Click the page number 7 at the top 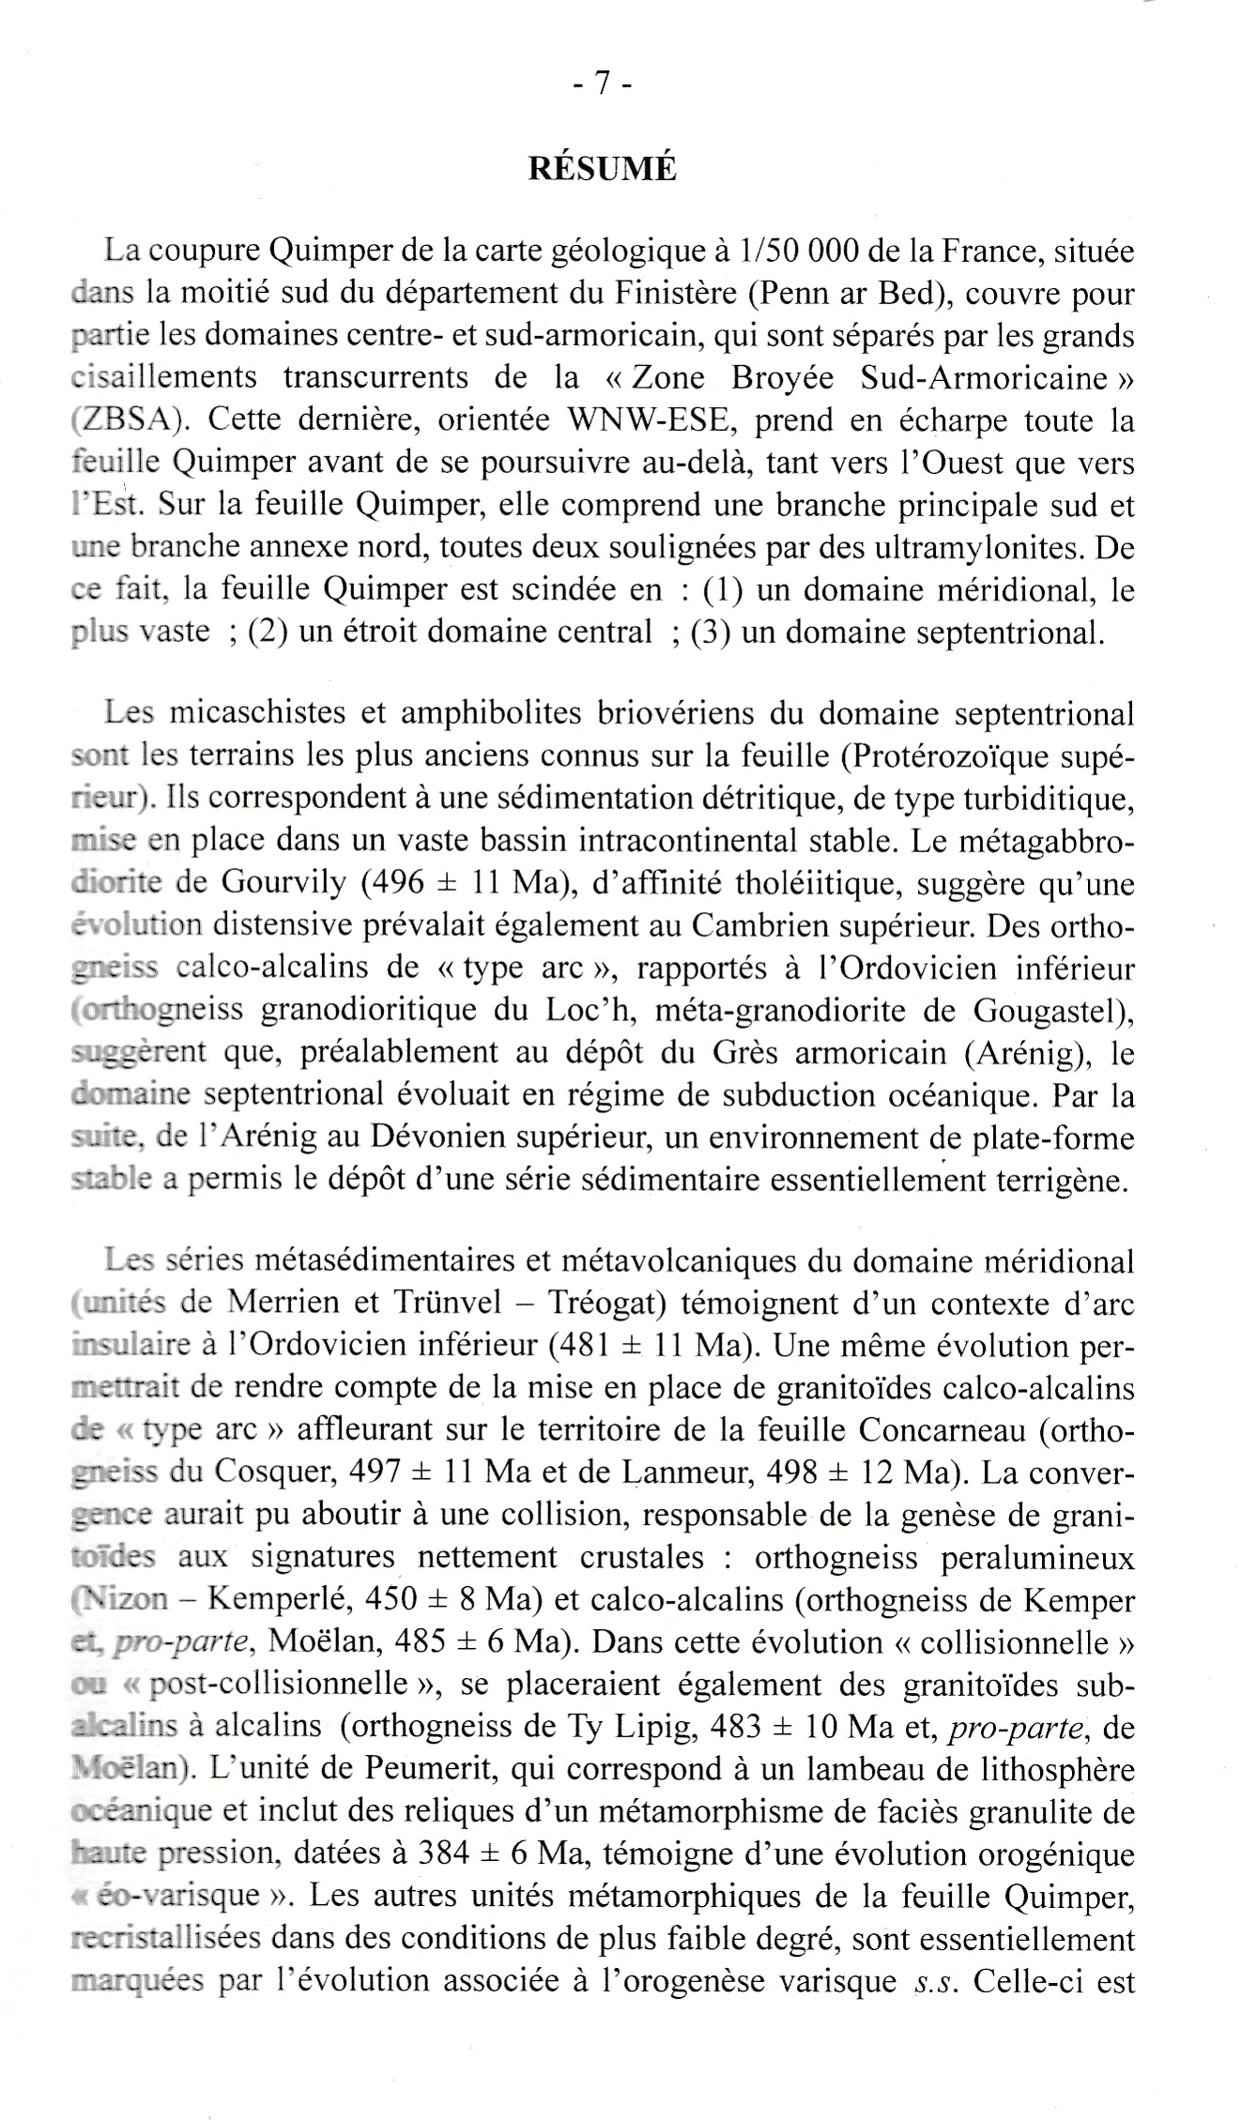click(x=602, y=84)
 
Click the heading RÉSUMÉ click(x=602, y=168)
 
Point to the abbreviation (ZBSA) click(x=129, y=419)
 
